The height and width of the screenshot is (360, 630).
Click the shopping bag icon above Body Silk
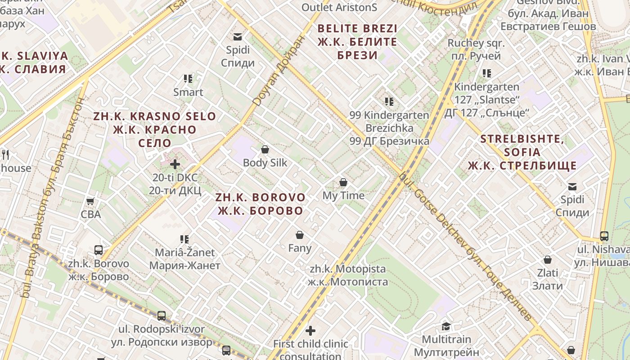tap(265, 149)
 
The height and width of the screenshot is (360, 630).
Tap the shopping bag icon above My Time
tap(343, 182)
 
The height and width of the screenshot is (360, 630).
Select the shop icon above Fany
tap(300, 235)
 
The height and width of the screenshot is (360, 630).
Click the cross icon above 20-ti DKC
tap(175, 164)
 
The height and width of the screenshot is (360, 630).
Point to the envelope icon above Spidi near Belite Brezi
tap(238, 37)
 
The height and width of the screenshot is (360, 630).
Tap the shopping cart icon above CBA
tap(90, 201)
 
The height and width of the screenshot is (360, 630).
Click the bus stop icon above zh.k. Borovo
tap(99, 250)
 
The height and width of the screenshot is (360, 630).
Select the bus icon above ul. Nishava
tap(604, 236)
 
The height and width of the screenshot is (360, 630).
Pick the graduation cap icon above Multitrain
tap(446, 326)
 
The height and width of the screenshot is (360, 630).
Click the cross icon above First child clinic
tap(310, 331)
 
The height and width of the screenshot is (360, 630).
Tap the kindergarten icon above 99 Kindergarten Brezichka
tap(389, 102)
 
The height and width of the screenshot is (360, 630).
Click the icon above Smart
tap(188, 79)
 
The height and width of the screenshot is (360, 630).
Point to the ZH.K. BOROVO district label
tap(260, 204)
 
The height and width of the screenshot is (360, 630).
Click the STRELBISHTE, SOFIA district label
tap(522, 152)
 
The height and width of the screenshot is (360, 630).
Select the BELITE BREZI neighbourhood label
tap(358, 42)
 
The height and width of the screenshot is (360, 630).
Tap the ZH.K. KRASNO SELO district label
tap(155, 130)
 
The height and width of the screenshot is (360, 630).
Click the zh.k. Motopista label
tap(348, 275)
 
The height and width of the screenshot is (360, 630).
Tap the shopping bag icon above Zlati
tap(548, 260)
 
